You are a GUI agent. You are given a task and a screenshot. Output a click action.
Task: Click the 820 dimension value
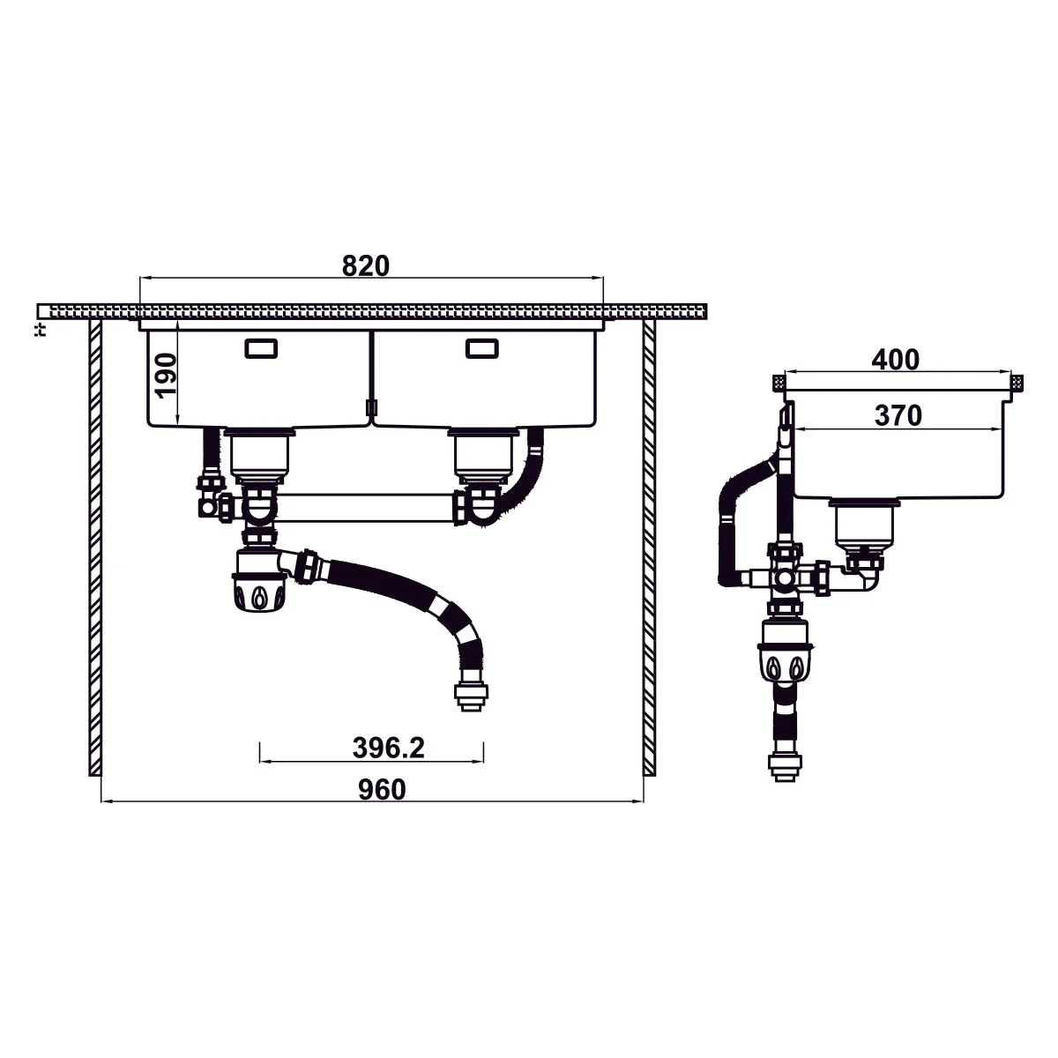(x=365, y=265)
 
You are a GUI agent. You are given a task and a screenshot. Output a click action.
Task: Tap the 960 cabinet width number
(x=382, y=790)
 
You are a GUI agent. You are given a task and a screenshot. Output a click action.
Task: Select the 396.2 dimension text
(x=388, y=748)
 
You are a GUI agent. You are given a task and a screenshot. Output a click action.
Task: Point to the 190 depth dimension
(x=166, y=375)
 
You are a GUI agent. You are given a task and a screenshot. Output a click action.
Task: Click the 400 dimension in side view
(x=896, y=360)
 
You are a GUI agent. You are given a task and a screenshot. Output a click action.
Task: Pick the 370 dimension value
(x=898, y=415)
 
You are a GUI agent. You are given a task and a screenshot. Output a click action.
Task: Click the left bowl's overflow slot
(x=261, y=348)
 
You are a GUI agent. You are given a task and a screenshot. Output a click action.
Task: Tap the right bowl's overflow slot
(x=481, y=348)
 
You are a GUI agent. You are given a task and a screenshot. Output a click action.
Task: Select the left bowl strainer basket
(x=259, y=457)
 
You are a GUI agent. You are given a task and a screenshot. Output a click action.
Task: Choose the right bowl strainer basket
(x=482, y=457)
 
